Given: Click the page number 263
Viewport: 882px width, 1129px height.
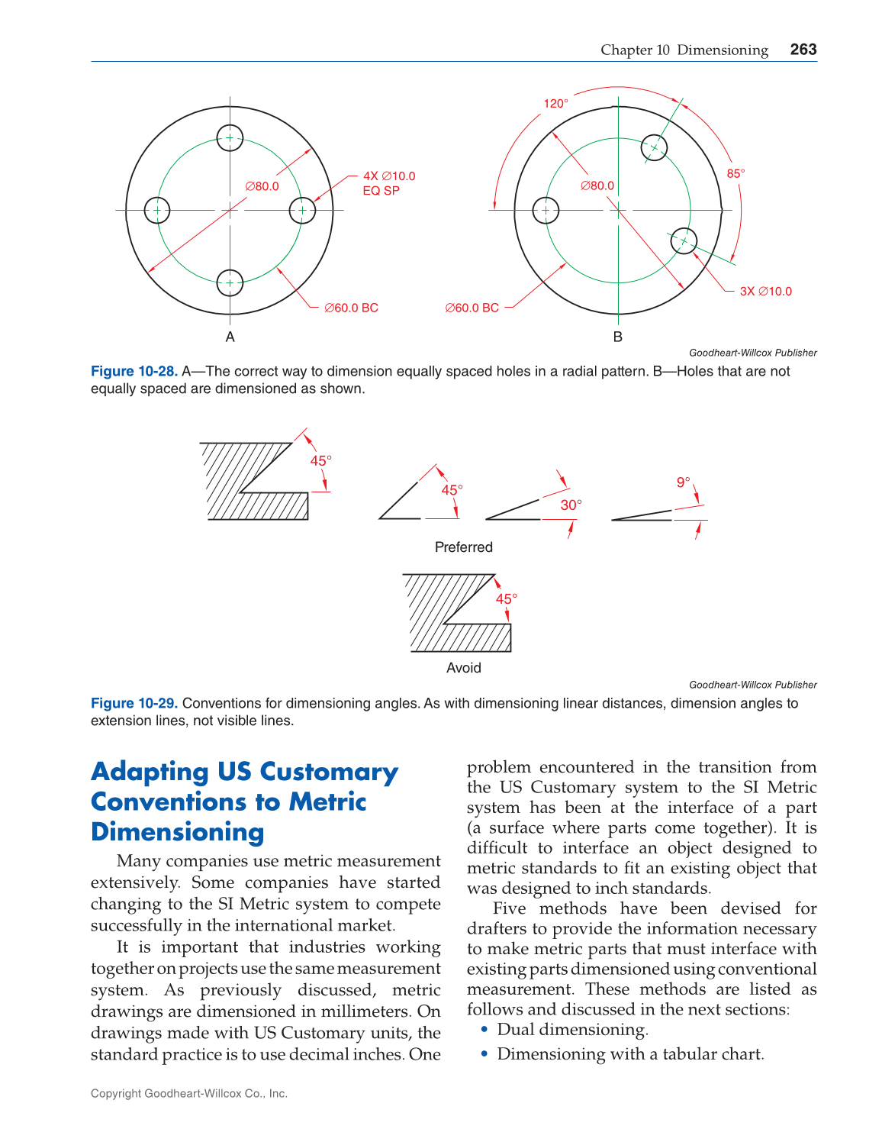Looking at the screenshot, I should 803,50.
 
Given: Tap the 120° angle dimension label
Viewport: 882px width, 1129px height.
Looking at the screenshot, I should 555,104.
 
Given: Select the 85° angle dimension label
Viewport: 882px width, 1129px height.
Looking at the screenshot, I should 736,174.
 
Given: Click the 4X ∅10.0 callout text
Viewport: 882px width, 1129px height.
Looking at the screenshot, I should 389,176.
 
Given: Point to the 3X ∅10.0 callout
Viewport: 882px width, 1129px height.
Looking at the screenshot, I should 765,292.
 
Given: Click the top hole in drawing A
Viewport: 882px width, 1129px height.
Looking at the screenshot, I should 230,138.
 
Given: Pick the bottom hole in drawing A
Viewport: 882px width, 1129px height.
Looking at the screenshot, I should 230,282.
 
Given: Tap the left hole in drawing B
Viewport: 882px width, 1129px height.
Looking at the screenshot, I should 546,210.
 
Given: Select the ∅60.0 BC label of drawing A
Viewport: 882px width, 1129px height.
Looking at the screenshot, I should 351,308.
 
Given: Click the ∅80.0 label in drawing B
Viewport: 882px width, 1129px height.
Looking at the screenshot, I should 597,185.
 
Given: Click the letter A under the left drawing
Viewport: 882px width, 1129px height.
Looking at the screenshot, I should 230,337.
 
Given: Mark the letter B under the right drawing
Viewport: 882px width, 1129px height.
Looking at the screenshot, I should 617,337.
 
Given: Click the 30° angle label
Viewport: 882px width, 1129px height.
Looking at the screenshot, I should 571,505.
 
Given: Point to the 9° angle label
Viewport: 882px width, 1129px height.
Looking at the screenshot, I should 683,482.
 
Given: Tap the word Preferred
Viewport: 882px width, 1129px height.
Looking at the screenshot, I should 463,547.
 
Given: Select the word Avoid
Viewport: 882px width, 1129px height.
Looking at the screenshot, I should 463,668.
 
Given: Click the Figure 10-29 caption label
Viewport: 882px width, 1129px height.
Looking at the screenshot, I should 134,703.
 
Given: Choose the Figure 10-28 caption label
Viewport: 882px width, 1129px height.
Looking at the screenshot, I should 134,371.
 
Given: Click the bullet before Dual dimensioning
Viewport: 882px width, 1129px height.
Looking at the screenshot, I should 484,1030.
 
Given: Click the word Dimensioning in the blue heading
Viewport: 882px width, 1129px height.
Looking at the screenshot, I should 177,832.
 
